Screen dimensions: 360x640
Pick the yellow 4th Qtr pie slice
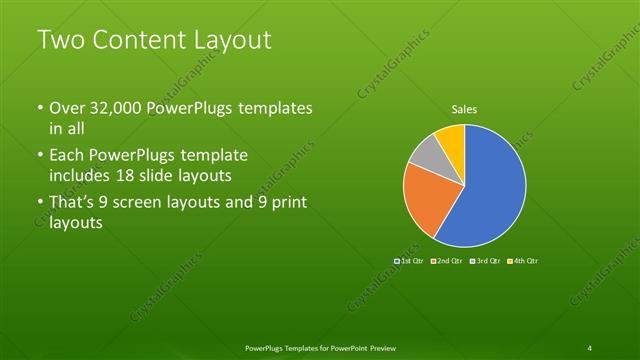coord(451,137)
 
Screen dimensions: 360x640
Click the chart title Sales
coord(465,109)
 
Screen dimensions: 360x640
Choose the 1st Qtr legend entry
coord(410,261)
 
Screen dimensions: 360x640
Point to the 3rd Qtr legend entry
coord(485,261)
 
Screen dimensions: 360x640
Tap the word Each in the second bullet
coord(67,156)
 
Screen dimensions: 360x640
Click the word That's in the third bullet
coord(75,206)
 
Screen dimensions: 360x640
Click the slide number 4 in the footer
coord(590,347)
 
